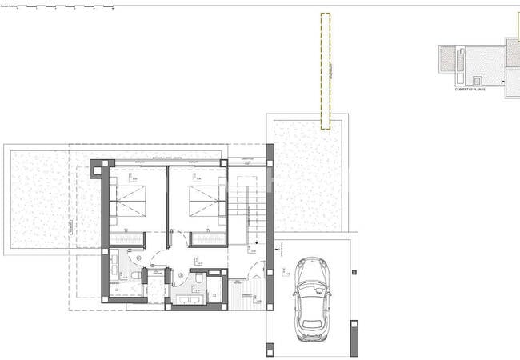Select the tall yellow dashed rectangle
pos(326,70)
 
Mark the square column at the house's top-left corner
pos(97,167)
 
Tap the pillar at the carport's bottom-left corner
pos(270,349)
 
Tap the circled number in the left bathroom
pos(138,258)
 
